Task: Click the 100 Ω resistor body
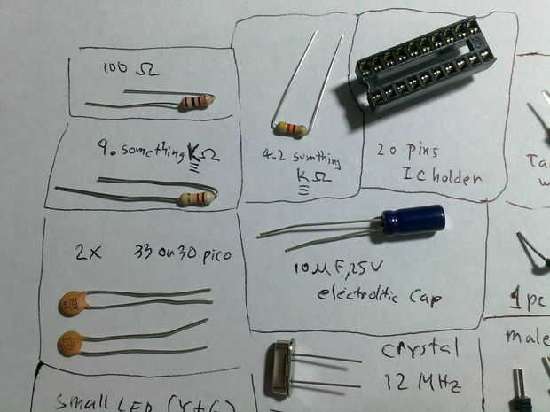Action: tap(194, 103)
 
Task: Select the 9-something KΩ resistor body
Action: tap(194, 199)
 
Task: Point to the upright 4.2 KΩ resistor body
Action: tap(290, 129)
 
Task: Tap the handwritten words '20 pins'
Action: tap(407, 151)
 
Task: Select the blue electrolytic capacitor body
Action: tap(412, 220)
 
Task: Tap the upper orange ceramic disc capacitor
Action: tap(74, 304)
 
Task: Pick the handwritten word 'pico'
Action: tap(212, 256)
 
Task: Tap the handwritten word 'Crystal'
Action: tap(420, 350)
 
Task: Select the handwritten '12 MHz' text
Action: tap(423, 384)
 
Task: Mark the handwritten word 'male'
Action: tap(525, 337)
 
